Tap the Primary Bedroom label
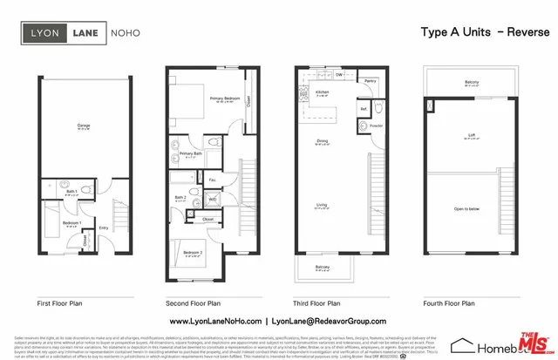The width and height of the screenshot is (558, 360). pyautogui.click(x=223, y=99)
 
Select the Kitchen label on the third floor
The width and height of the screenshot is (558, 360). pyautogui.click(x=322, y=91)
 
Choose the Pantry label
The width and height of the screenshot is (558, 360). pyautogui.click(x=370, y=81)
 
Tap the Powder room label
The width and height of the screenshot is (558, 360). pyautogui.click(x=376, y=126)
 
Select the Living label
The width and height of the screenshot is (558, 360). pyautogui.click(x=322, y=205)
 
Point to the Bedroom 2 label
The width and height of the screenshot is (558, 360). pyautogui.click(x=193, y=252)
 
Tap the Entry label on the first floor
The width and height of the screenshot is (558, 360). pyautogui.click(x=103, y=228)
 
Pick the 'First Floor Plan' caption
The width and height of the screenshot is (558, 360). pyautogui.click(x=61, y=303)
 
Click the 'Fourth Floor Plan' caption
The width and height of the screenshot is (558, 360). pyautogui.click(x=450, y=303)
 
